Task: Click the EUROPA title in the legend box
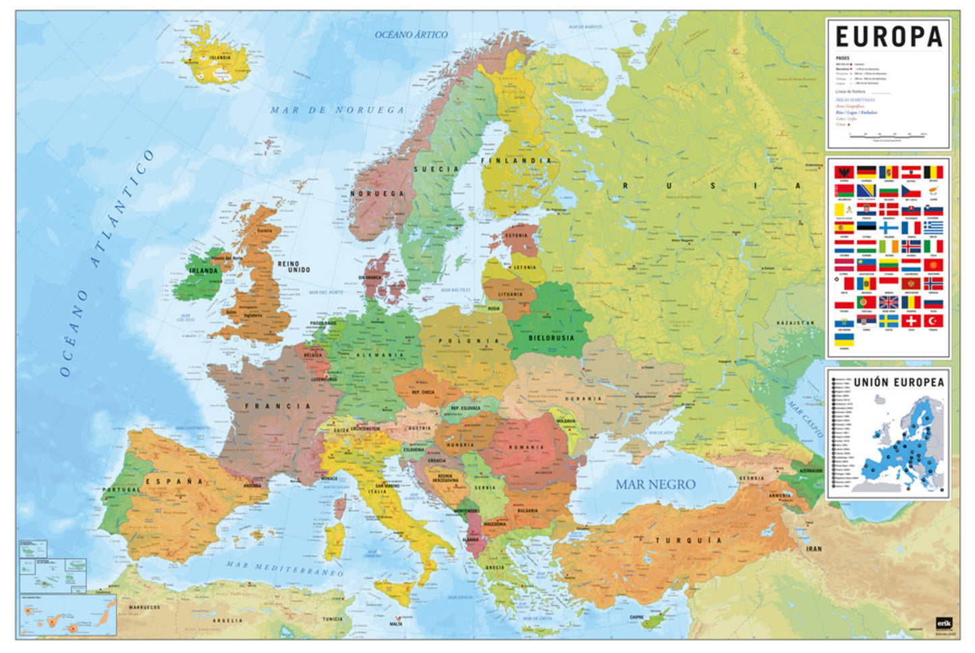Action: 888,36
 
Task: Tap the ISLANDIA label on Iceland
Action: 219,58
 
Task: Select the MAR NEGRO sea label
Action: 654,484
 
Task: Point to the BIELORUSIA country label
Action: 551,338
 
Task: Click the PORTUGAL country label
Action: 121,490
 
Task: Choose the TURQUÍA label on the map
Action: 688,540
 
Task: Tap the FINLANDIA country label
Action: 516,161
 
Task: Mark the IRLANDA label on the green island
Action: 203,271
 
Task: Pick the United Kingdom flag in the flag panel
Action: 889,302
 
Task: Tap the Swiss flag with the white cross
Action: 911,321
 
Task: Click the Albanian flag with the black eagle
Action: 844,172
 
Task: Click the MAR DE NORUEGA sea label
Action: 337,109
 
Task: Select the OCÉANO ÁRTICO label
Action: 411,34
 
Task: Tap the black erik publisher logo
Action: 942,624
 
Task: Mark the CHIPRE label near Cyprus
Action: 636,617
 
